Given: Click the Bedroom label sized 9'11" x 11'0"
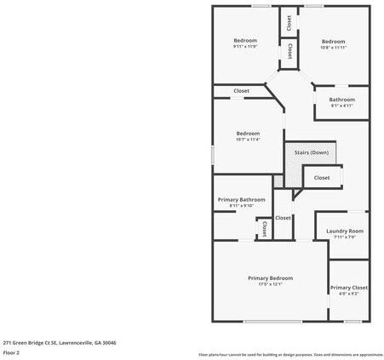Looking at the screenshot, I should (245, 41).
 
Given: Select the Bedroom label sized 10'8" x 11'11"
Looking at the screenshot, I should (333, 42).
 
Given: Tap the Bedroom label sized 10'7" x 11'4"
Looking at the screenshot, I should (248, 134).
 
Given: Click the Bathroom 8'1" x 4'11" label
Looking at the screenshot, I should (342, 100).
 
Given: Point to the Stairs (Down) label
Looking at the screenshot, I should (311, 152).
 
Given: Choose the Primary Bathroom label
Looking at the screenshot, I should (241, 199).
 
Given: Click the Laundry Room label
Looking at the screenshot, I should (345, 231).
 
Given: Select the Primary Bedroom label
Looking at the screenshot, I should (270, 278).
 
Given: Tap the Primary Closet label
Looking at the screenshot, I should (348, 288).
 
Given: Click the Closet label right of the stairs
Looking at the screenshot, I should (322, 178).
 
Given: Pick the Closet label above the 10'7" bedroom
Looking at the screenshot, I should (242, 91).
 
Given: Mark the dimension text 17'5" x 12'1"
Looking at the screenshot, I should (270, 285).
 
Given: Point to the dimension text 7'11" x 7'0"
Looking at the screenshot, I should (345, 237).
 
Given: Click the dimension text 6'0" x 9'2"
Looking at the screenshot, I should (348, 294).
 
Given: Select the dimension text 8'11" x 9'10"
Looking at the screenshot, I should (241, 205).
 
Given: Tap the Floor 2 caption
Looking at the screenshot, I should (11, 351).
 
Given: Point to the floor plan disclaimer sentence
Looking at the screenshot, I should (290, 354).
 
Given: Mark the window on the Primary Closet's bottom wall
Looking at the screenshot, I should (352, 321).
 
